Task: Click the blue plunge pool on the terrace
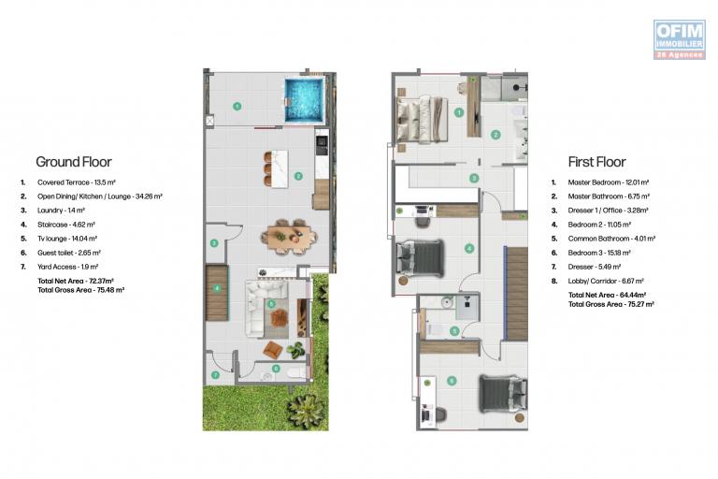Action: click(304, 100)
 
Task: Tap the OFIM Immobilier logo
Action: click(679, 39)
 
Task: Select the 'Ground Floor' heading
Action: click(74, 162)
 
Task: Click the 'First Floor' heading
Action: click(596, 162)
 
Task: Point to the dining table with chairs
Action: click(289, 237)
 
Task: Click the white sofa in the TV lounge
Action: click(259, 309)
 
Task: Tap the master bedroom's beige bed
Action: click(422, 119)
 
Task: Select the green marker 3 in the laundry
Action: click(214, 243)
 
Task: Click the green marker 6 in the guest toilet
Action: click(276, 368)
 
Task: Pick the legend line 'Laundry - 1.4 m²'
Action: click(61, 210)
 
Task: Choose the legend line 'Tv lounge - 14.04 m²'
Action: click(67, 239)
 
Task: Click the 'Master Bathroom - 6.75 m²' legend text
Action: click(609, 196)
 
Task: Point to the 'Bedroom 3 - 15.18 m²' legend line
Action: click(599, 253)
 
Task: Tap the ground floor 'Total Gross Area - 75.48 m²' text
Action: click(81, 290)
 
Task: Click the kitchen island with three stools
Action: click(276, 168)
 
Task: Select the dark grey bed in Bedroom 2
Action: click(420, 258)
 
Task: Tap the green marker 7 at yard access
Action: click(215, 375)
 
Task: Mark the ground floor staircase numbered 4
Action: click(217, 293)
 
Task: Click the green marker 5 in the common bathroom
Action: click(454, 330)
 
